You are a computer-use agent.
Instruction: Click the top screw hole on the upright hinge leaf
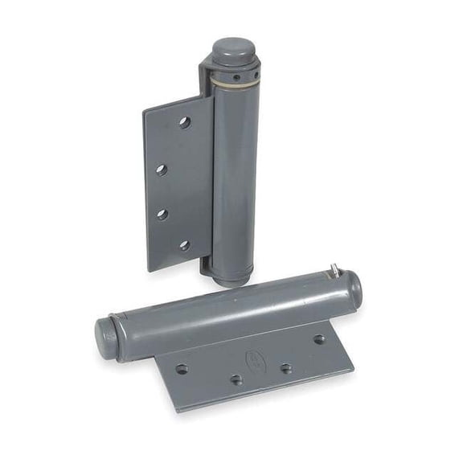click(x=184, y=123)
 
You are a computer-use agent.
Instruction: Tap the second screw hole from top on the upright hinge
click(x=162, y=170)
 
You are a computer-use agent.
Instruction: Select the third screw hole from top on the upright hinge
click(x=162, y=214)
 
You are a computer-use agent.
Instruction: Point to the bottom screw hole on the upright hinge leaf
click(x=184, y=245)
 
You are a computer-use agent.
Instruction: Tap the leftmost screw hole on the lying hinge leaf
click(x=182, y=369)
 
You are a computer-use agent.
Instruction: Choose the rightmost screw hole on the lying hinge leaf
click(x=319, y=339)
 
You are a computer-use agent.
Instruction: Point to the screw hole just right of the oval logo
click(x=285, y=369)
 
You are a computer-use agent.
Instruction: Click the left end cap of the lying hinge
click(x=105, y=333)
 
